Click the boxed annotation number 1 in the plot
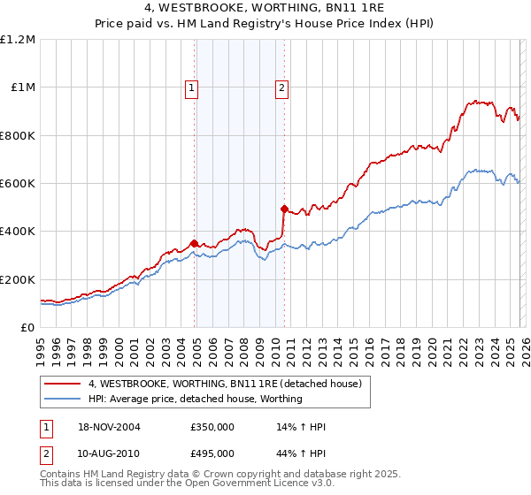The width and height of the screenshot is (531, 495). tap(191, 88)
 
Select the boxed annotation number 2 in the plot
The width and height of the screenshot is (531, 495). tap(281, 88)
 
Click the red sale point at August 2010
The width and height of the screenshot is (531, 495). tap(284, 209)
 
